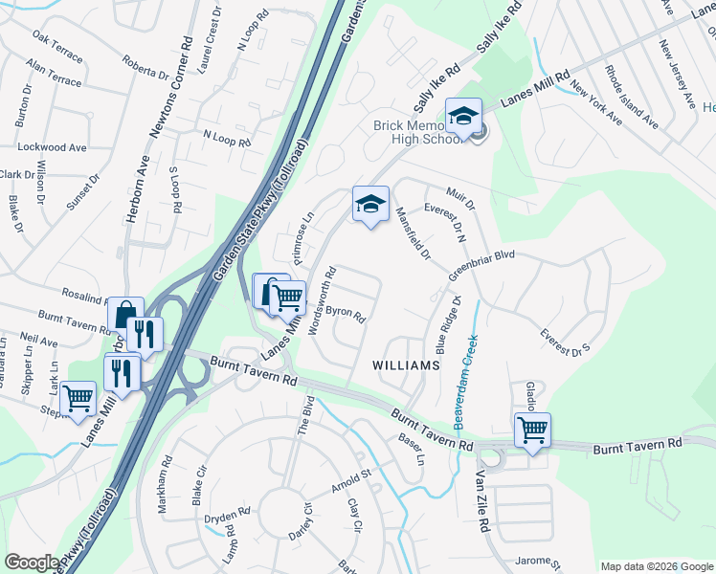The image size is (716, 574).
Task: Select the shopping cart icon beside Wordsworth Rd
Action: point(288,298)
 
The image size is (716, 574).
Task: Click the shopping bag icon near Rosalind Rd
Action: point(125,315)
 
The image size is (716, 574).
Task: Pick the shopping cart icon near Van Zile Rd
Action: point(532,429)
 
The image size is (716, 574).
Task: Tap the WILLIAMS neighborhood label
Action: point(407,365)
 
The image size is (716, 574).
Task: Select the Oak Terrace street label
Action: point(56,42)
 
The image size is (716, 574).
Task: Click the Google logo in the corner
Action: point(32,563)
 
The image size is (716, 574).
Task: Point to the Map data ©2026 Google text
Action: point(656,566)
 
